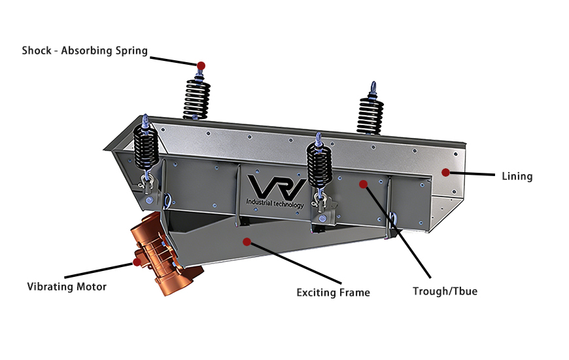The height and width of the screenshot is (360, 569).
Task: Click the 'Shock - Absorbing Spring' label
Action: click(x=84, y=50)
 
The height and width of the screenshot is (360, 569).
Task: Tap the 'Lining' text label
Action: click(x=517, y=176)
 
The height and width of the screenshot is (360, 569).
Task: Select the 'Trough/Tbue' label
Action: click(x=445, y=291)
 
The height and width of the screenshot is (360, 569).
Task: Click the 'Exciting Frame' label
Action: click(x=333, y=293)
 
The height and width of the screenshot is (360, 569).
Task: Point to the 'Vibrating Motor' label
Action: click(x=67, y=287)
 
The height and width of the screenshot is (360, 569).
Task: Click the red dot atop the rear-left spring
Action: click(x=201, y=65)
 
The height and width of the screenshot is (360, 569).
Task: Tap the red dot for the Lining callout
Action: click(x=445, y=173)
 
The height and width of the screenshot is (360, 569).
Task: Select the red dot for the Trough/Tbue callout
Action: click(x=364, y=184)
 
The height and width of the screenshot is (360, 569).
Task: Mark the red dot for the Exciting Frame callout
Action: click(x=247, y=242)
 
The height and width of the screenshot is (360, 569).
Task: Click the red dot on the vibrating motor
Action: click(x=137, y=262)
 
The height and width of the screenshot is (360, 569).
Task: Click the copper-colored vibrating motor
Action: click(x=160, y=252)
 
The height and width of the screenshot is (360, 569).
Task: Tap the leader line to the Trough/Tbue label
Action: click(x=399, y=232)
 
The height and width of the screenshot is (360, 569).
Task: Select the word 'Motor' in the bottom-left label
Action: click(x=92, y=287)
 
